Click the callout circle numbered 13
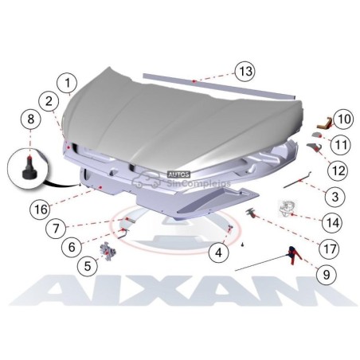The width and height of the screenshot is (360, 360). click(x=245, y=72)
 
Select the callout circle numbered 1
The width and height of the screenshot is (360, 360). click(x=68, y=83)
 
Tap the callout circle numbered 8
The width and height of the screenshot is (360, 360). click(x=31, y=119)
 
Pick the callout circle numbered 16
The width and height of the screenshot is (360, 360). click(x=41, y=209)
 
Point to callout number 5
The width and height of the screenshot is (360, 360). click(x=88, y=266)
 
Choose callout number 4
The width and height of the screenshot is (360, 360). click(x=218, y=252)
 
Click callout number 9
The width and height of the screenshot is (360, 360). click(x=327, y=274)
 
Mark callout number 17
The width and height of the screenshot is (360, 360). click(x=330, y=248)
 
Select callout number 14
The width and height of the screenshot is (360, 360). click(x=332, y=222)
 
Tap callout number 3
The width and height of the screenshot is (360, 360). click(x=335, y=197)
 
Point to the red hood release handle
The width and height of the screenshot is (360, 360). click(x=295, y=255)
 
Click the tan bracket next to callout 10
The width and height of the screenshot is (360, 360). click(x=324, y=123)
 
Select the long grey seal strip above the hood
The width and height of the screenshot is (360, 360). click(x=219, y=86)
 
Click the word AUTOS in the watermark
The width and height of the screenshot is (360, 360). click(x=179, y=174)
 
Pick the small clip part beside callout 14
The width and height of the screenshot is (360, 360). click(x=287, y=209)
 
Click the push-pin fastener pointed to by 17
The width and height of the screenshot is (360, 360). click(x=251, y=213)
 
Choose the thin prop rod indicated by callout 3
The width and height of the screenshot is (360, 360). click(x=297, y=180)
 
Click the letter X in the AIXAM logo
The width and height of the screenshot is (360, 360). click(x=147, y=290)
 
